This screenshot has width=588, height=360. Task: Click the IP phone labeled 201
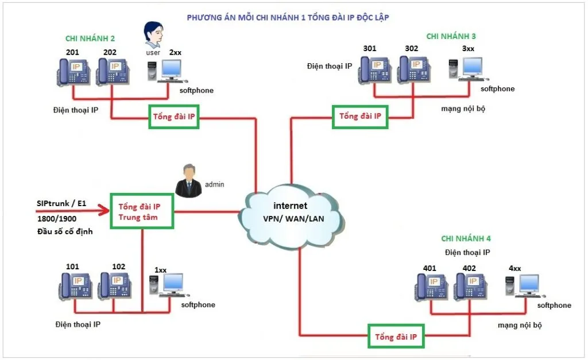pyautogui.click(x=72, y=71)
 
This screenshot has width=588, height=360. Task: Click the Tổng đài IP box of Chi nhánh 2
pyautogui.click(x=173, y=117)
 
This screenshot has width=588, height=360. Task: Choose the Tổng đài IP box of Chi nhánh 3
pyautogui.click(x=360, y=117)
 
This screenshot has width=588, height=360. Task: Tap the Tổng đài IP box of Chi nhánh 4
pyautogui.click(x=396, y=336)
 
